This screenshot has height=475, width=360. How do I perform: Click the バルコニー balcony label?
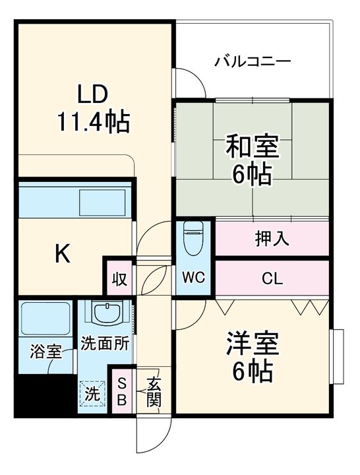(x=253, y=61)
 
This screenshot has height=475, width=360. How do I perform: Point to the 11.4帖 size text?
(x=94, y=122)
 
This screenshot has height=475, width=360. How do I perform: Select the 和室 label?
(x=253, y=147)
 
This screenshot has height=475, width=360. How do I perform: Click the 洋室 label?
(x=253, y=344)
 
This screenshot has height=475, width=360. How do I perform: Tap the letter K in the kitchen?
(x=63, y=254)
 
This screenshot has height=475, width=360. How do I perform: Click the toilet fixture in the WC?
(x=193, y=238)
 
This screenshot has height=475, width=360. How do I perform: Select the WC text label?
(x=193, y=277)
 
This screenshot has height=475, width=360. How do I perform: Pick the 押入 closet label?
(x=272, y=238)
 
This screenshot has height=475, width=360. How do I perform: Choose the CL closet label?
(x=272, y=278)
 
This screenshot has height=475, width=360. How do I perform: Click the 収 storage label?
(x=120, y=279)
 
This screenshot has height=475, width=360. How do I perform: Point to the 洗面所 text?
(x=105, y=344)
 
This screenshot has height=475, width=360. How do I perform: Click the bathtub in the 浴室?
(x=45, y=318)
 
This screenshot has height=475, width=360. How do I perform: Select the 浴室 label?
(x=45, y=352)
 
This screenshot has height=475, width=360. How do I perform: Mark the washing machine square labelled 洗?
(x=92, y=394)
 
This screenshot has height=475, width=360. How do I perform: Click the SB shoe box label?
(x=122, y=393)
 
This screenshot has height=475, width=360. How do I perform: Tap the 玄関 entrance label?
(x=154, y=393)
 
